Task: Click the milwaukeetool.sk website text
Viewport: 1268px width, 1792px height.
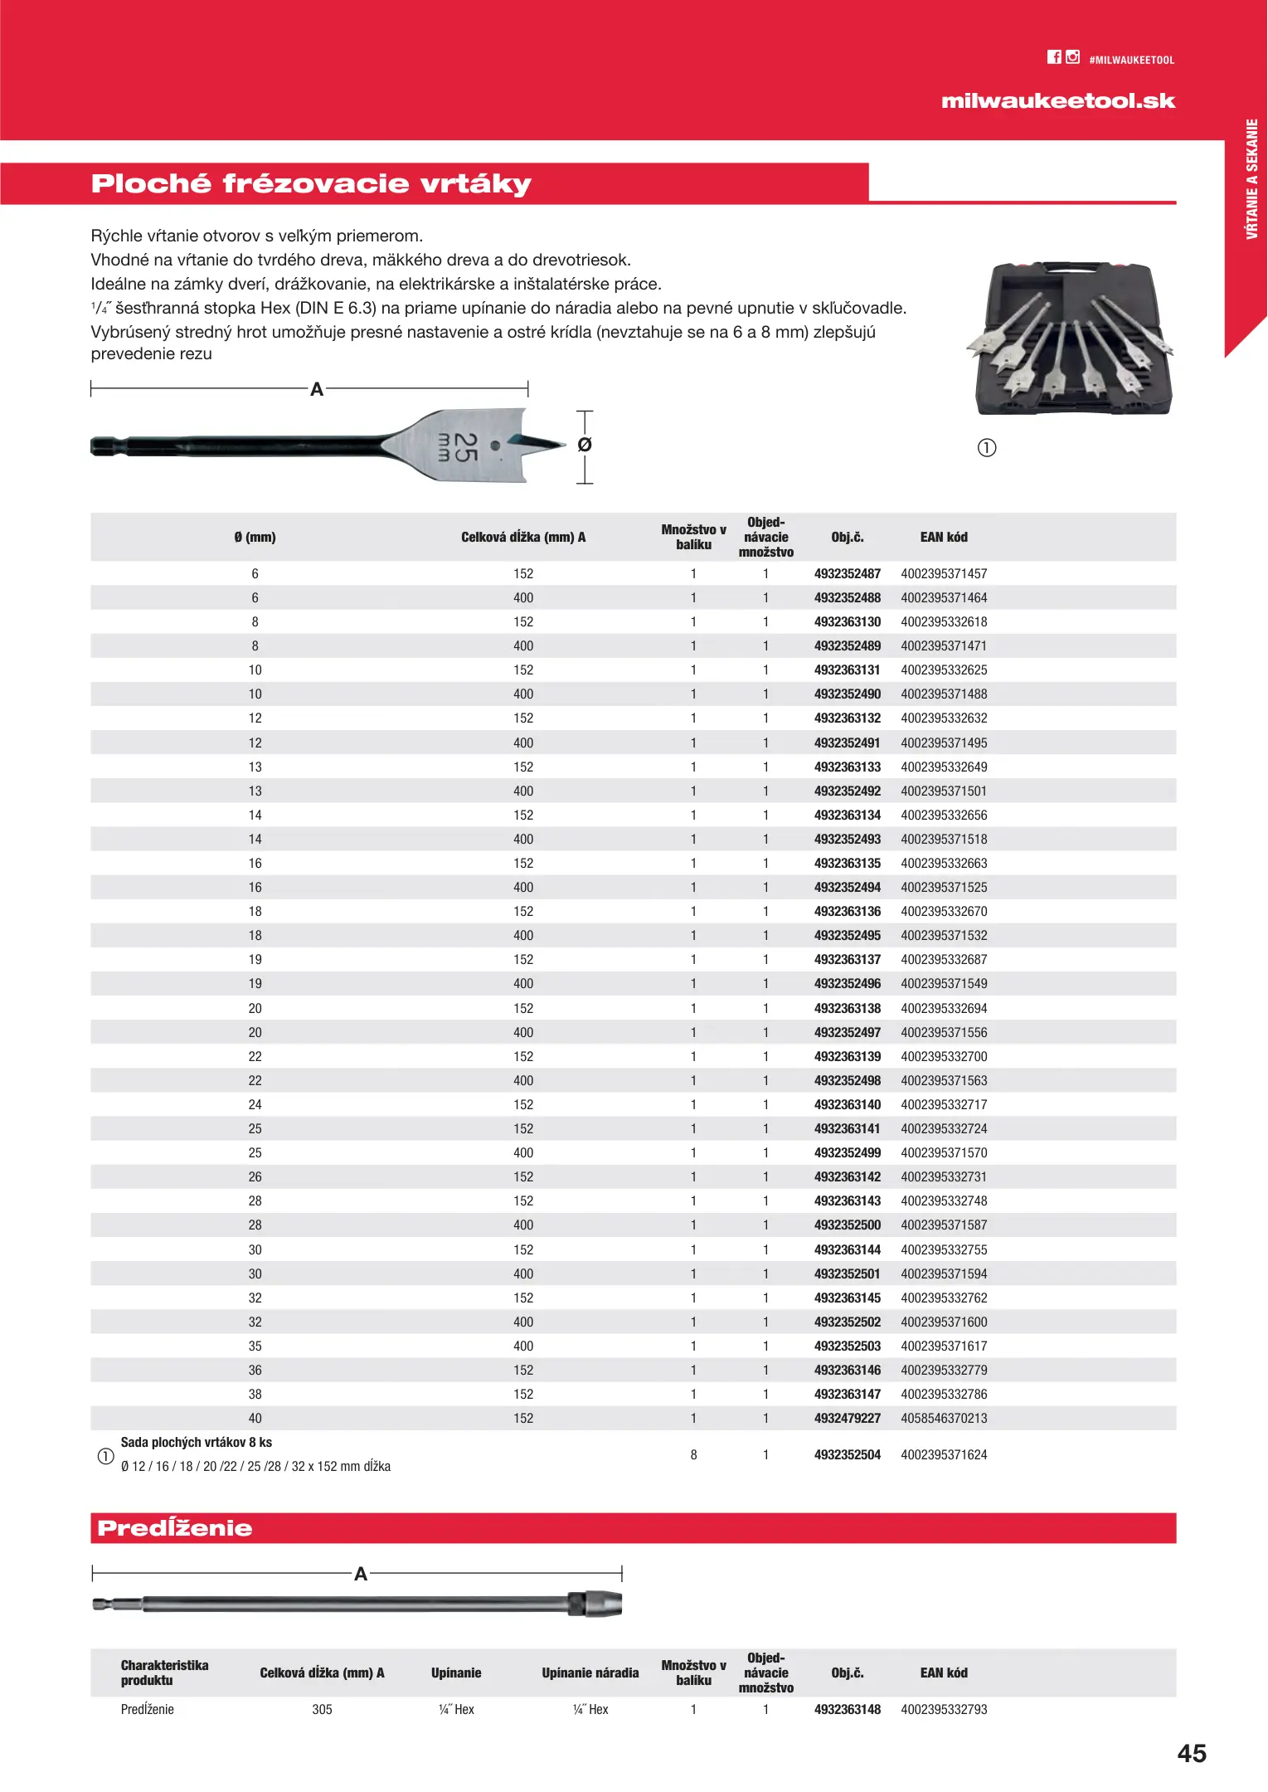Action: tap(1058, 101)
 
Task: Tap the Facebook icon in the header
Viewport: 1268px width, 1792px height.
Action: tap(1054, 57)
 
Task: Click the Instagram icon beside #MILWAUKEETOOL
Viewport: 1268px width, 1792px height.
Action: tap(1073, 57)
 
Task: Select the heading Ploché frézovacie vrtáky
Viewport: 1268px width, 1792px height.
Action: tap(311, 183)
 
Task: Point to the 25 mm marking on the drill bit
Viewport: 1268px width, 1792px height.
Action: tap(458, 447)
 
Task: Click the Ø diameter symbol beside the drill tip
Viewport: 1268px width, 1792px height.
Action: tap(585, 446)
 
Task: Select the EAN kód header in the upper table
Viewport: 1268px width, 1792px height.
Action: tap(944, 538)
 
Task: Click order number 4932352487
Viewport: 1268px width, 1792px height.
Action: tap(847, 574)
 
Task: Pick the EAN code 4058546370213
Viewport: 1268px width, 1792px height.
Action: tap(944, 1419)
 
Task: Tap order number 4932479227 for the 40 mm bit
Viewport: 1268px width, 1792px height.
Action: tap(847, 1419)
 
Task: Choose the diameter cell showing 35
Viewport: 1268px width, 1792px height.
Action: tap(255, 1346)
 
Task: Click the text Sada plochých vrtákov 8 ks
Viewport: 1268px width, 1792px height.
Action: tap(197, 1443)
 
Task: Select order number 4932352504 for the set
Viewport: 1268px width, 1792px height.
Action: tap(847, 1455)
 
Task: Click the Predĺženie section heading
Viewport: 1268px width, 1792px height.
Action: tap(175, 1528)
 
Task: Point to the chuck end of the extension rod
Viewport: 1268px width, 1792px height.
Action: tap(597, 1604)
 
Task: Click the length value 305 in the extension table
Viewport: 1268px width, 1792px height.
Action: tap(322, 1710)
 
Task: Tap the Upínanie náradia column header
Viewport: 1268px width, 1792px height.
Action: tap(590, 1673)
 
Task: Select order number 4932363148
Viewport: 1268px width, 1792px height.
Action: tap(847, 1710)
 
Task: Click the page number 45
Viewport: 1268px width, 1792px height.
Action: tap(1192, 1754)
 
